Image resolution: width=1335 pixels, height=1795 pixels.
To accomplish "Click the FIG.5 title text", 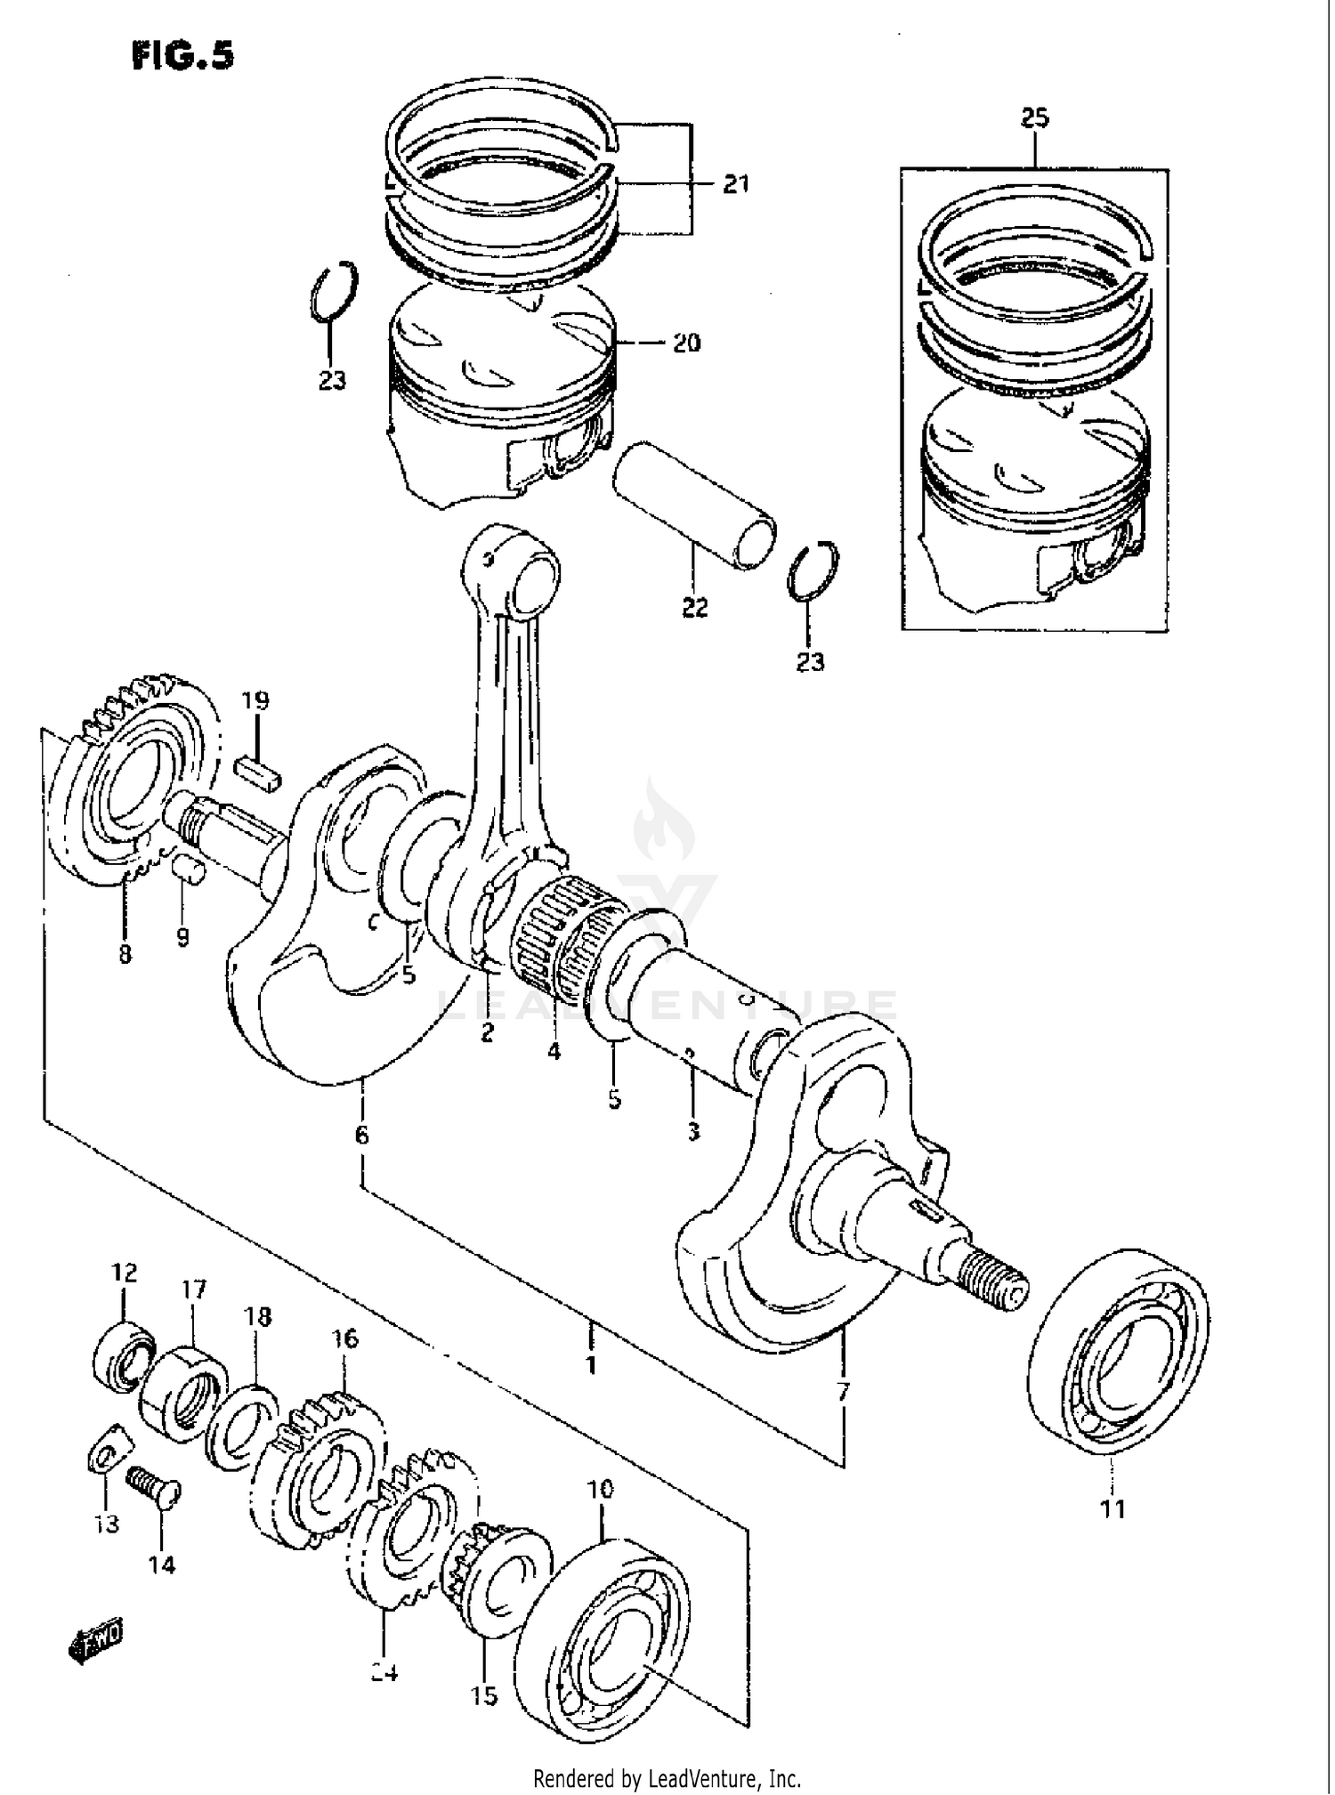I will click(x=182, y=55).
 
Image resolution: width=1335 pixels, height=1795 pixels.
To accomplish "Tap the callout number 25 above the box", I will click(x=1034, y=117).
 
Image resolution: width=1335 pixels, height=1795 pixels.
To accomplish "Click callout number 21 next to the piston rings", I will click(x=735, y=184).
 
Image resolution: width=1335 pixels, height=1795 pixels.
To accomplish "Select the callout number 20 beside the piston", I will click(x=685, y=343).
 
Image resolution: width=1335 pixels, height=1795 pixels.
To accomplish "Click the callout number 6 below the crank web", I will click(x=360, y=1136).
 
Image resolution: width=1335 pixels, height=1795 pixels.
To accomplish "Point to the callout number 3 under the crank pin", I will click(x=693, y=1131).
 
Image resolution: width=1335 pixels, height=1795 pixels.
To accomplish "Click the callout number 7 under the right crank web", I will click(x=843, y=1391).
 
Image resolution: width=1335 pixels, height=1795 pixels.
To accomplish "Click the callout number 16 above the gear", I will click(x=345, y=1338).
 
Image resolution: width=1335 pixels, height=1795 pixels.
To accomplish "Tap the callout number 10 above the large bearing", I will click(x=601, y=1490).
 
